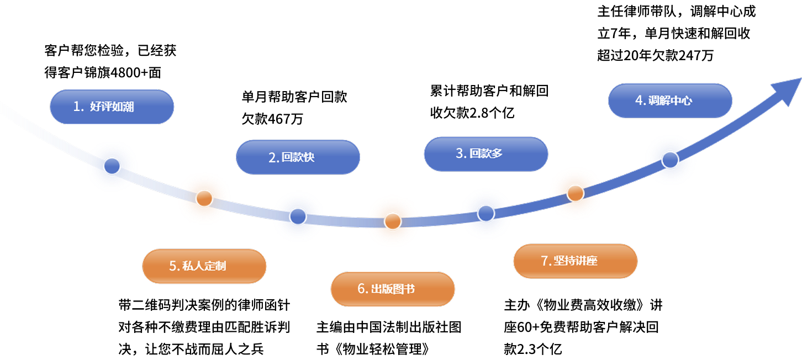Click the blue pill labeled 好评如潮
point(112,107)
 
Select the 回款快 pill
point(298,157)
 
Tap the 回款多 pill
point(486,153)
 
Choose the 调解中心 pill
point(670,100)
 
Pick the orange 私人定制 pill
point(204,266)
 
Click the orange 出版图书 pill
point(393,289)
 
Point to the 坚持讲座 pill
point(575,261)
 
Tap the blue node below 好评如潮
point(112,165)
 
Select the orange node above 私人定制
point(204,198)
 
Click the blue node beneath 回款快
point(298,216)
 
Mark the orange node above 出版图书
point(393,221)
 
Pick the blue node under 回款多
point(486,213)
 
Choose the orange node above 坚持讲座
point(576,193)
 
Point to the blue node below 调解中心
point(671,160)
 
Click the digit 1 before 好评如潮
point(77,107)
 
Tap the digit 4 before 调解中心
point(639,100)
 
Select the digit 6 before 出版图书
point(361,289)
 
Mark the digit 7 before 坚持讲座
point(544,261)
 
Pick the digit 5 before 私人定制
point(173,266)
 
